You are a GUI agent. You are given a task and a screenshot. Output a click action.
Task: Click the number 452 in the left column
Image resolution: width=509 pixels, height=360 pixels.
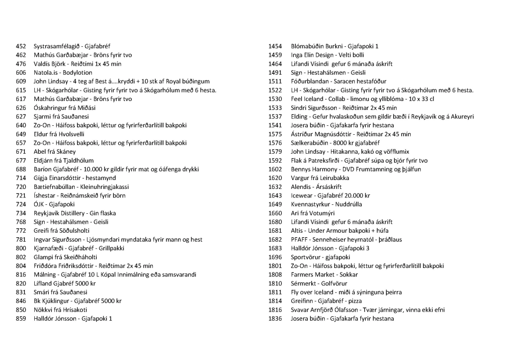[21, 46]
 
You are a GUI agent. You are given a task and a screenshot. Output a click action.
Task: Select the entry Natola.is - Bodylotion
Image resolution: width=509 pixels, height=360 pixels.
[63, 73]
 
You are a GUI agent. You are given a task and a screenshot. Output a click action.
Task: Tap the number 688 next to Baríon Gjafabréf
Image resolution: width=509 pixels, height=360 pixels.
[21, 169]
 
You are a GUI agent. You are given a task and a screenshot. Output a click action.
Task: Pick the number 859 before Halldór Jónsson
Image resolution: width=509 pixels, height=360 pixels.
[21, 319]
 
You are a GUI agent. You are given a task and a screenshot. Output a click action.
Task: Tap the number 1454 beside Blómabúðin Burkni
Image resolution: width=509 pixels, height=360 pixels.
[275, 46]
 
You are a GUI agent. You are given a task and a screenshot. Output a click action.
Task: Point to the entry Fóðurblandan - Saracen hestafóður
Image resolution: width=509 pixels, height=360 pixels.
[339, 82]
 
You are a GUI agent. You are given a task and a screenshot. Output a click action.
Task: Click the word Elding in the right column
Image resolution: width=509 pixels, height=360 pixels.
[299, 117]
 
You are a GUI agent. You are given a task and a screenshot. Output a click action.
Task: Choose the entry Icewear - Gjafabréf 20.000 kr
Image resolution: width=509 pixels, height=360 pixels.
[331, 195]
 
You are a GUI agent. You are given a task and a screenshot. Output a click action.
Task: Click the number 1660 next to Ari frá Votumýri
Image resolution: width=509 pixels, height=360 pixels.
[275, 213]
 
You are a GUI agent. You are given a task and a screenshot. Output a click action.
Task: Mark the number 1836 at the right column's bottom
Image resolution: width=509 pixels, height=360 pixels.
[275, 319]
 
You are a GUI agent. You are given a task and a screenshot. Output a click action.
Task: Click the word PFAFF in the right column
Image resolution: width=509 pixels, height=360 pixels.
[300, 240]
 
